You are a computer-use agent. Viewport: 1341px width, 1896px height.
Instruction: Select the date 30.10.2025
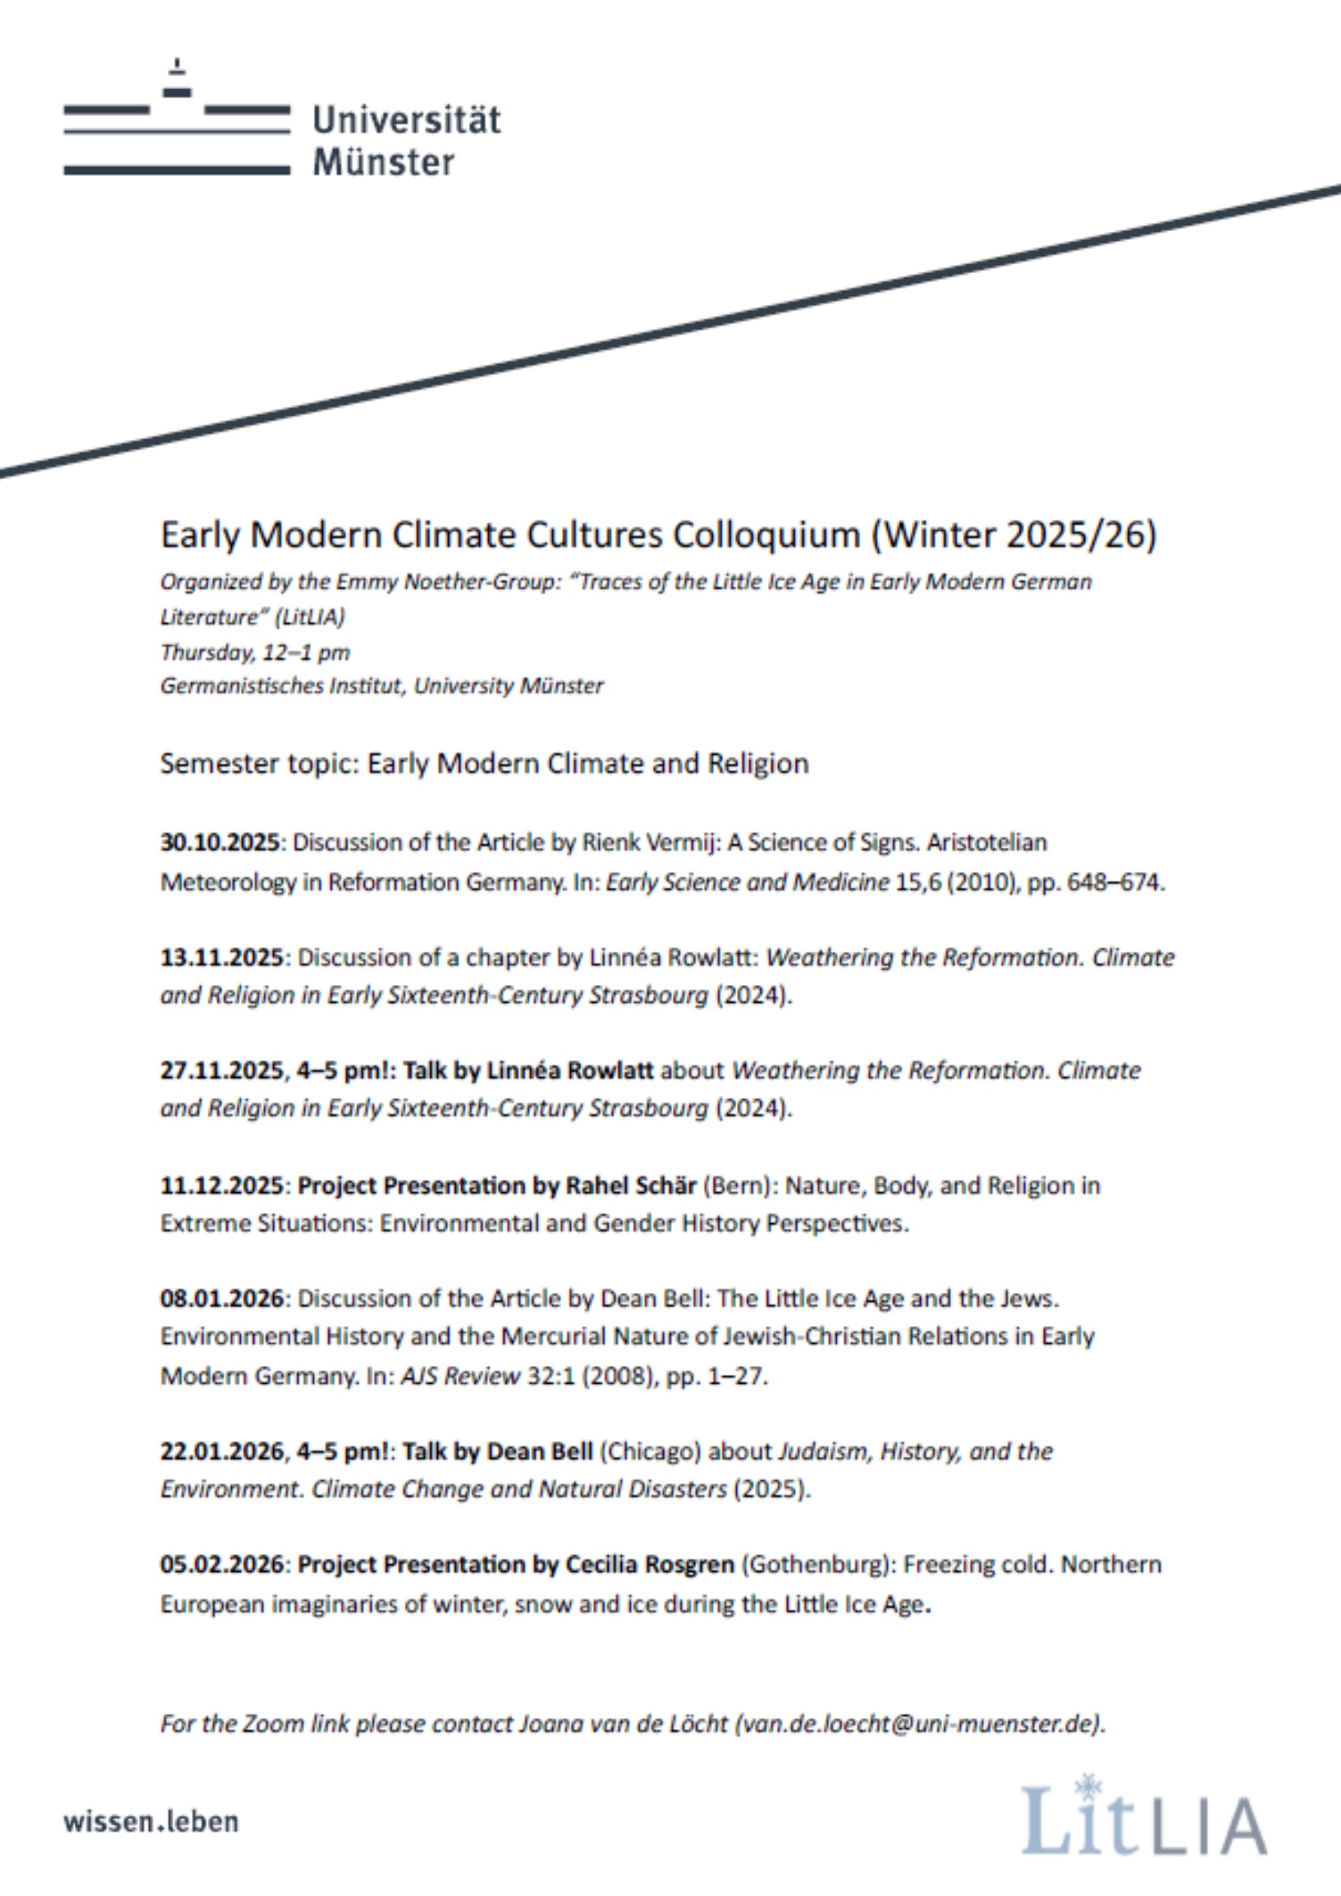221,843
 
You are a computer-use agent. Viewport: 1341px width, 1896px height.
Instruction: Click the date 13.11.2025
221,958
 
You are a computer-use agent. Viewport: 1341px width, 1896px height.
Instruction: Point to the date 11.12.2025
221,1186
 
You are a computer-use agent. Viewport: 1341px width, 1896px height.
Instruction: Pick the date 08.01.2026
221,1299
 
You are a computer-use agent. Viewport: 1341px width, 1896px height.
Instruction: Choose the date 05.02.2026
221,1564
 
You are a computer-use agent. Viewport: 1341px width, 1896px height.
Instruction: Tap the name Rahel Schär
631,1186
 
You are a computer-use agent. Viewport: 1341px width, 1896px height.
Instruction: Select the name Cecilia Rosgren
649,1564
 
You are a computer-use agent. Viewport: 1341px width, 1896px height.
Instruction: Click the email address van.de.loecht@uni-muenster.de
919,1724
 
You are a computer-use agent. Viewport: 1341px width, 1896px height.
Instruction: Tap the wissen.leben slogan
151,1822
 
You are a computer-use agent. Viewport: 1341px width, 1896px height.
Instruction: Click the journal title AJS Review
460,1376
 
